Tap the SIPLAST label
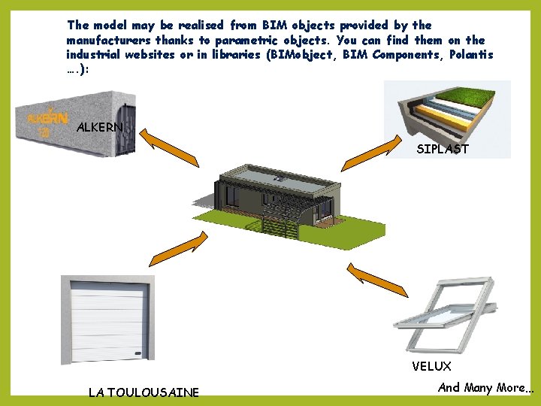443,149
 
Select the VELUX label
431,366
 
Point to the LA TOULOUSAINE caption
144,392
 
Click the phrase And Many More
485,388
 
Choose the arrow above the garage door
184,249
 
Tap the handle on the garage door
137,353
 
